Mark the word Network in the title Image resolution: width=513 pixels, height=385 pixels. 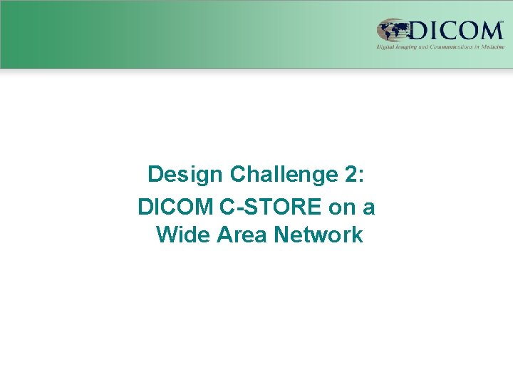tap(318, 235)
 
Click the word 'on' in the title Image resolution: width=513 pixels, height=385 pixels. tap(343, 207)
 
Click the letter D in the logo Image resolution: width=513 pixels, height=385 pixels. tap(420, 31)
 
